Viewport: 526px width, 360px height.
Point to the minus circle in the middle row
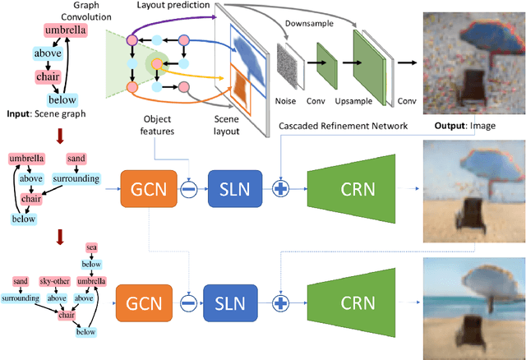click(188, 188)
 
